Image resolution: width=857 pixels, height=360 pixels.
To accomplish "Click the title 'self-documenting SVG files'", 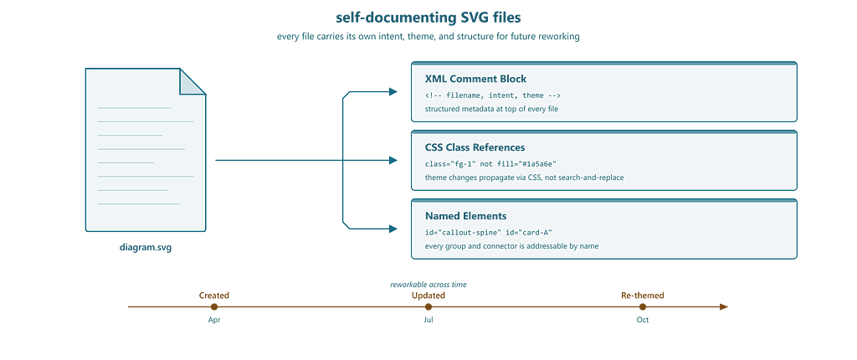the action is [x=428, y=18].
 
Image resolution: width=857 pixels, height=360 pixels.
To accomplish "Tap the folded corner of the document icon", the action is [x=192, y=81].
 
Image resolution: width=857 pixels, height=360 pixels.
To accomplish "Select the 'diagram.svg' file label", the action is [x=146, y=247].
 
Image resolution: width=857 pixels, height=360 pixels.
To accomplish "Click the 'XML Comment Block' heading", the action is [x=475, y=79].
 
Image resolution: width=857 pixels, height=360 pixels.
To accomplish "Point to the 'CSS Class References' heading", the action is [x=475, y=147].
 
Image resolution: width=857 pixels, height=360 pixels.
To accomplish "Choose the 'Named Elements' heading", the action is [x=465, y=216].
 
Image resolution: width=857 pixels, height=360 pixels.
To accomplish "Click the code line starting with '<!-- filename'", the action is [x=493, y=95].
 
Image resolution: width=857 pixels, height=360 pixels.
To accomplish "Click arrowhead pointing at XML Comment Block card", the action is [x=393, y=92].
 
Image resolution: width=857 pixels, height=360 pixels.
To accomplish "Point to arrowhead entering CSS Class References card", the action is [x=393, y=160].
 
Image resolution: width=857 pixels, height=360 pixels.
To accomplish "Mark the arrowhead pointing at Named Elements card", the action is [x=393, y=229].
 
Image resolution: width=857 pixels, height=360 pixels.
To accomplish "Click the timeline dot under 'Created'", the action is [x=214, y=307].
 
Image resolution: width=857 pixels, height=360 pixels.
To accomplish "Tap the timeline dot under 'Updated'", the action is [x=428, y=307].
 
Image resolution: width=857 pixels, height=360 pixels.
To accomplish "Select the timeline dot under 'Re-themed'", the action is [x=643, y=307].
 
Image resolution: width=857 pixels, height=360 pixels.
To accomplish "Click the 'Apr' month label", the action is [x=214, y=320].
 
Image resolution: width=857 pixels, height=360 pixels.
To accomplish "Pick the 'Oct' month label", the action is [x=643, y=320].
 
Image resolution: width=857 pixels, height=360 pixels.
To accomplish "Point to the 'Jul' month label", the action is [x=428, y=320].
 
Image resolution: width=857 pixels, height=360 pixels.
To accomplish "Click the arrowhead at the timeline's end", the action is [x=724, y=307].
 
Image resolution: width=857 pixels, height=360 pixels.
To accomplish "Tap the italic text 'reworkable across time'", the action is [x=428, y=285].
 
